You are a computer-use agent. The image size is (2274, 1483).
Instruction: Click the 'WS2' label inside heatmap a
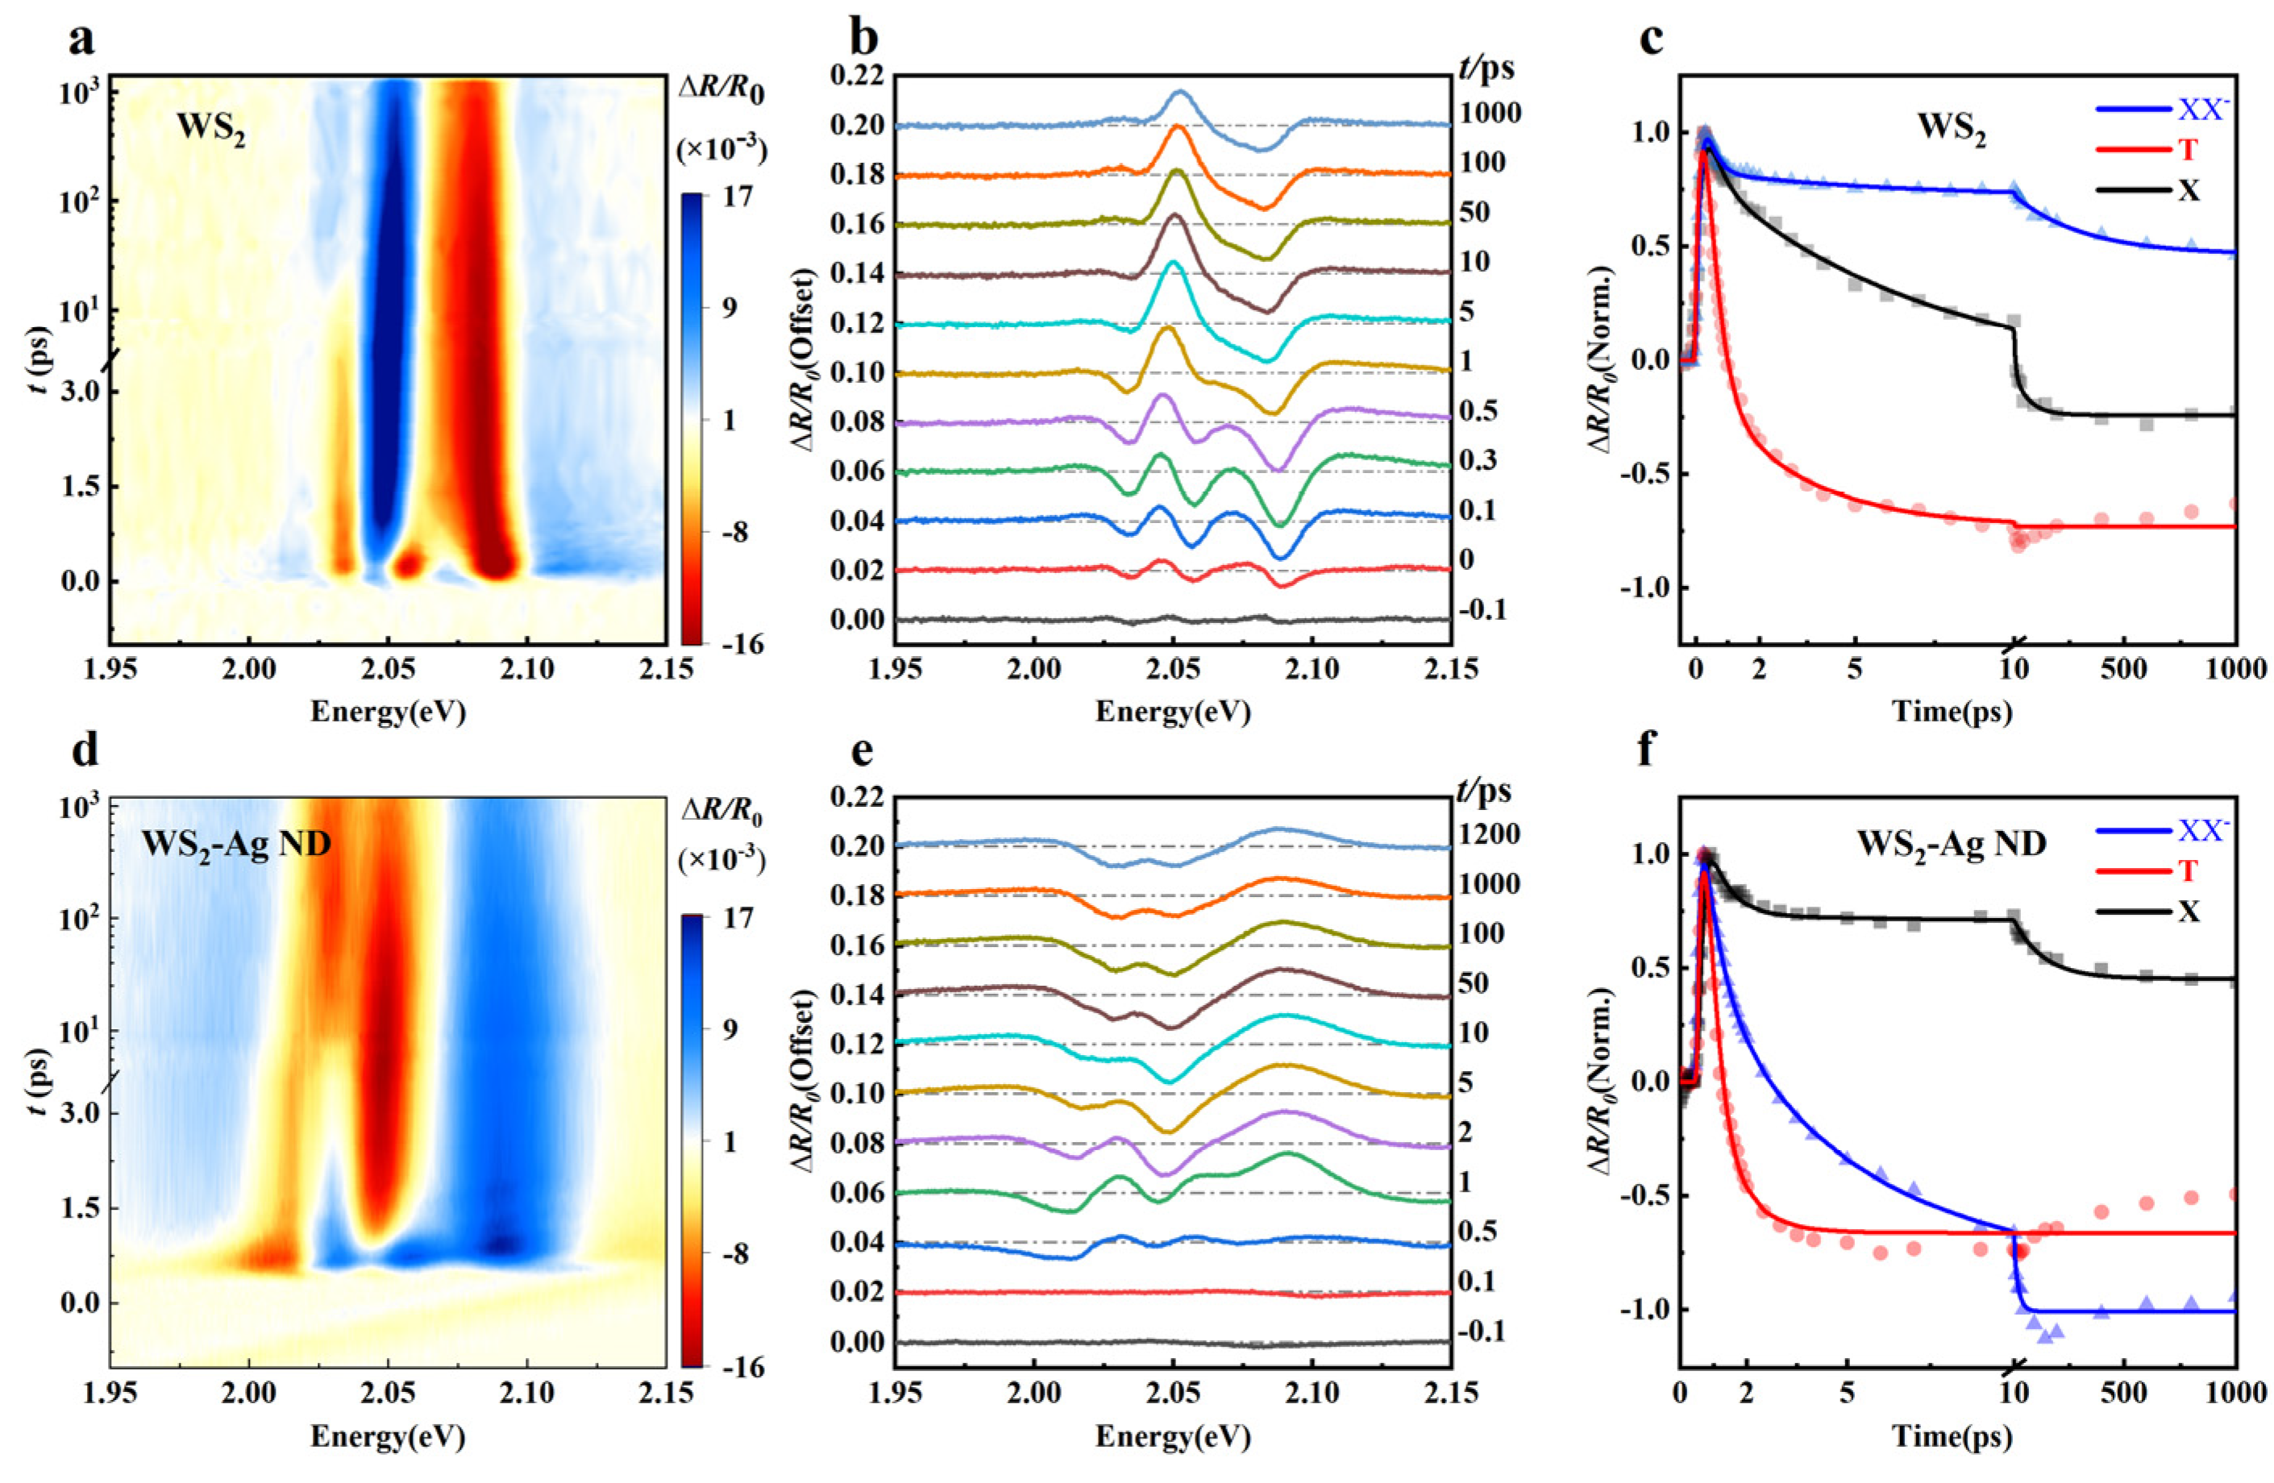pos(210,130)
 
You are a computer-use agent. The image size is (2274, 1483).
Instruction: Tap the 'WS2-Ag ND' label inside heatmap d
pos(236,844)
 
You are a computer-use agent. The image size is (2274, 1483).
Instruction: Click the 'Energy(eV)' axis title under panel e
pos(1174,1435)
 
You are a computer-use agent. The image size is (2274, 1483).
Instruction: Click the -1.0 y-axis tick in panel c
pos(1645,588)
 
